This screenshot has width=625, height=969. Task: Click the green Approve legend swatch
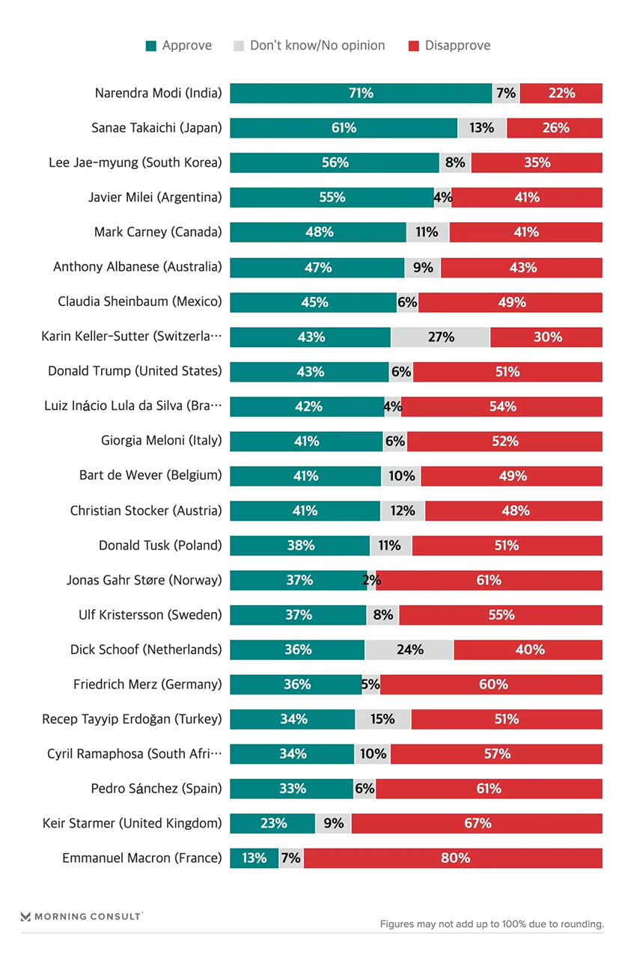(x=151, y=46)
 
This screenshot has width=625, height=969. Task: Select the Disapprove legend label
(x=457, y=46)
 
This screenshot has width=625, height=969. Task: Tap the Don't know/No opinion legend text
(x=317, y=46)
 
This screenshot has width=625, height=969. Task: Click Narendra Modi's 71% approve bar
(x=361, y=94)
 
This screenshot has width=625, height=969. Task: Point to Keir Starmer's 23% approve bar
(x=272, y=824)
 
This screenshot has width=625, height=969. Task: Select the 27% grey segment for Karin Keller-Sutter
(x=440, y=337)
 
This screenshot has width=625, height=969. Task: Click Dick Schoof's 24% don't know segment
(x=409, y=649)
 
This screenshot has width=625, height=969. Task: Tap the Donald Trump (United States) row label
(x=135, y=371)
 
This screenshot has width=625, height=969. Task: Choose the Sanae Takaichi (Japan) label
(x=156, y=128)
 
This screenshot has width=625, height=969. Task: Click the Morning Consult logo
(x=82, y=916)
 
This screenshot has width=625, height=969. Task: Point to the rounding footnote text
(x=491, y=924)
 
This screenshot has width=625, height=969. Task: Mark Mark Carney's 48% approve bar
(x=318, y=232)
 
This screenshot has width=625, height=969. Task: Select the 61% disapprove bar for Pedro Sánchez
(x=489, y=789)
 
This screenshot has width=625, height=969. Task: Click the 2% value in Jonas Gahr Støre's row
(x=371, y=580)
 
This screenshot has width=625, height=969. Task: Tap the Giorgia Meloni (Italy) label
(x=162, y=441)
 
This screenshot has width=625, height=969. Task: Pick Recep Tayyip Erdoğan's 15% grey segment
(x=382, y=719)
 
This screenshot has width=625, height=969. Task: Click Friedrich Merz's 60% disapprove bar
(x=491, y=684)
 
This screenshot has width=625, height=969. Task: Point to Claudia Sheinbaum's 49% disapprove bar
(x=510, y=302)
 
